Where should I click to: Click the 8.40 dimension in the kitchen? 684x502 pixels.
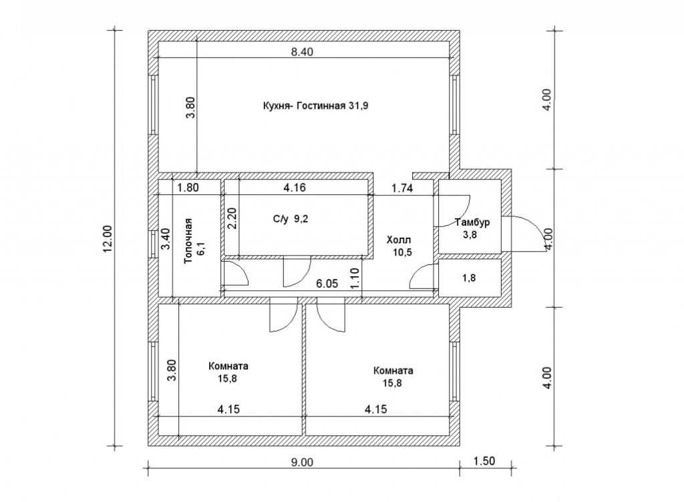302,52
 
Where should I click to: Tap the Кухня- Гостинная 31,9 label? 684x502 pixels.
316,106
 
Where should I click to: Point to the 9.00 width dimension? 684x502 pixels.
302,462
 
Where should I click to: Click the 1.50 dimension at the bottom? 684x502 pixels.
484,461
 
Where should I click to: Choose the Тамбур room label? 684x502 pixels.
472,222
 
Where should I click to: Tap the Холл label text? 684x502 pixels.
399,240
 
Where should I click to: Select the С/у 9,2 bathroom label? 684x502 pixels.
291,219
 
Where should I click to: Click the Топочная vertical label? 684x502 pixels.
188,240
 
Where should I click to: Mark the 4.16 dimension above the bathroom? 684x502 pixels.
295,188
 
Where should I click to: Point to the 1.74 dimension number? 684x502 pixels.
402,188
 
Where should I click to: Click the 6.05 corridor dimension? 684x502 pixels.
327,284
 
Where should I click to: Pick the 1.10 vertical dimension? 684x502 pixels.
354,278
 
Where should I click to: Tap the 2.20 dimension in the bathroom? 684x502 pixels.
232,218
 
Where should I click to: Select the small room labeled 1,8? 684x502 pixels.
469,278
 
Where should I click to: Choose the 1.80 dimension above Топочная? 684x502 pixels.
188,188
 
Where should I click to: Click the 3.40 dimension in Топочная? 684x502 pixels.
166,239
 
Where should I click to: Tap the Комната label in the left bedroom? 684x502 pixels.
228,366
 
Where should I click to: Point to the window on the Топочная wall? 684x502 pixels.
153,244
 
